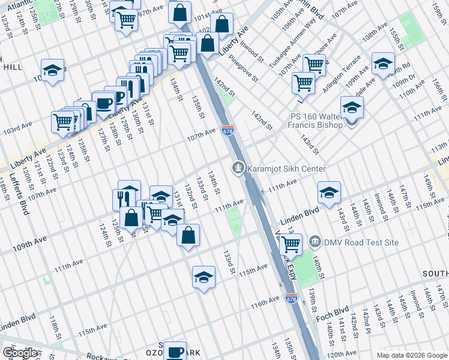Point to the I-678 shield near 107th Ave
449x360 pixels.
(228, 130)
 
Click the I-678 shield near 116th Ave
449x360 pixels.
(291, 298)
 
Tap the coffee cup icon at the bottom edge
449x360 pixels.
(175, 352)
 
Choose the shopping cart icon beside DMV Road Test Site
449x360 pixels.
(291, 244)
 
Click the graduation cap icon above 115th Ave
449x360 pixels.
(203, 277)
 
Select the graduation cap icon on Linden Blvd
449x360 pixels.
(329, 192)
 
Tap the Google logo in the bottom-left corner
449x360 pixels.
(20, 353)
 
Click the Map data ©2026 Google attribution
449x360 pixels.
(411, 355)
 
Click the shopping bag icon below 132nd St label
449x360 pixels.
(188, 236)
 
